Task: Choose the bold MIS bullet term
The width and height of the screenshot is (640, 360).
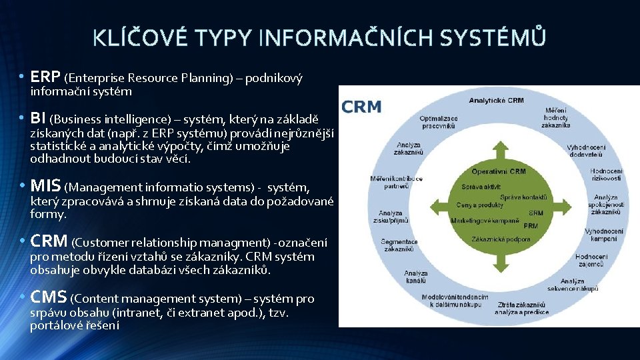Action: click(x=46, y=185)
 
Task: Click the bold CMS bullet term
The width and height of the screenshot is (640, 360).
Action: click(x=49, y=297)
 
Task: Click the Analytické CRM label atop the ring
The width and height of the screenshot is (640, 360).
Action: click(x=497, y=101)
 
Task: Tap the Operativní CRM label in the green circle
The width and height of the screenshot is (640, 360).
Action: click(x=498, y=171)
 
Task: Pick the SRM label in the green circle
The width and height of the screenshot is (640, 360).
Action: click(x=535, y=213)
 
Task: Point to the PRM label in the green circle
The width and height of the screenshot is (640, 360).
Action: click(x=531, y=225)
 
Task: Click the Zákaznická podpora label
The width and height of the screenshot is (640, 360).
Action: click(x=501, y=239)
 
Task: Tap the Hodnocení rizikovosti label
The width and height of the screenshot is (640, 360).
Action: click(x=606, y=175)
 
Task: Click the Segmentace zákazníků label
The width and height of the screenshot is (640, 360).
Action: click(x=399, y=245)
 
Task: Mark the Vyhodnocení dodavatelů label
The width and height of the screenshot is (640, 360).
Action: click(x=586, y=150)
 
